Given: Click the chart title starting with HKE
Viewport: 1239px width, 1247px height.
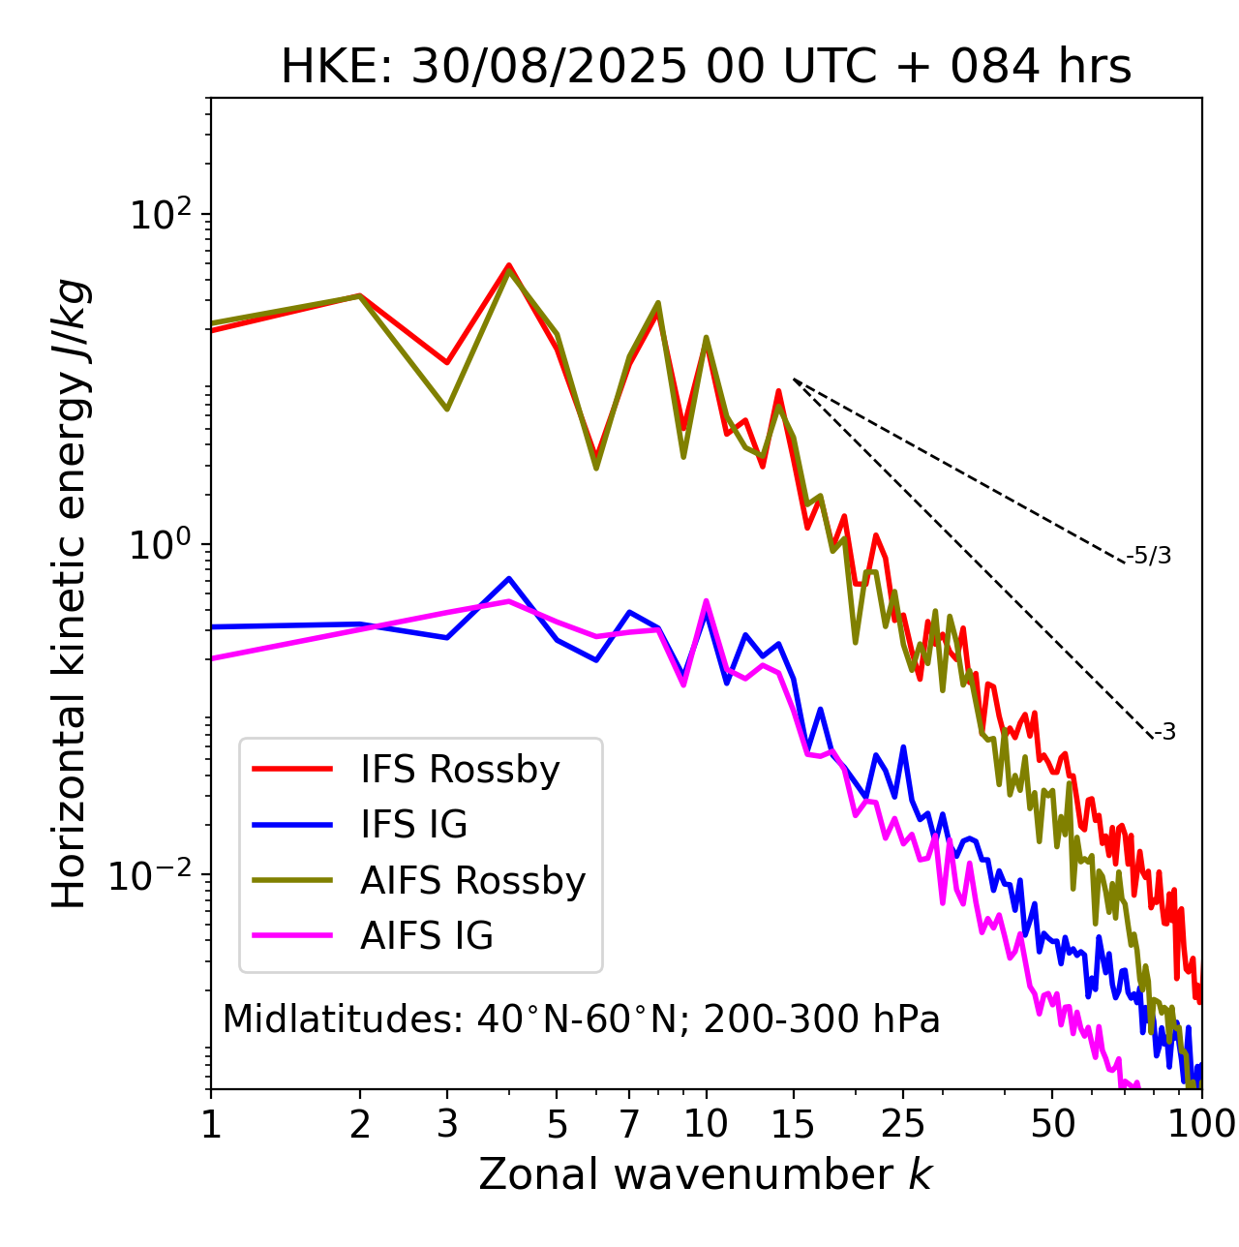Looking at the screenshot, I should click(x=706, y=68).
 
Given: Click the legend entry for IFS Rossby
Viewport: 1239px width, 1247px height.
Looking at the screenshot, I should click(x=460, y=770).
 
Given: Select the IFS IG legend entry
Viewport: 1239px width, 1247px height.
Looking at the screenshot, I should click(x=413, y=825).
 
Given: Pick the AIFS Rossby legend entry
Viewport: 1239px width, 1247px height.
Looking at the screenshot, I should click(x=472, y=881).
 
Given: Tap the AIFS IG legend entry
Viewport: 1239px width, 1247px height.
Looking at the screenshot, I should click(x=427, y=936).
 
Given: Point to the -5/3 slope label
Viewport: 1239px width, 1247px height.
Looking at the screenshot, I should click(x=1149, y=556).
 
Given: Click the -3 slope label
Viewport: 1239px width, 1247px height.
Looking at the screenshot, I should click(x=1164, y=733).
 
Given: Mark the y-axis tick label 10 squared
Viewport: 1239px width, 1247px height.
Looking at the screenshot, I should click(x=157, y=214).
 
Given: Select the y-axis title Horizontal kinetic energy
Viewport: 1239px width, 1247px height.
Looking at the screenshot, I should click(x=71, y=593).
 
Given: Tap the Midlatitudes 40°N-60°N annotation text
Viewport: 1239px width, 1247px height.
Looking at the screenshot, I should click(x=581, y=1019).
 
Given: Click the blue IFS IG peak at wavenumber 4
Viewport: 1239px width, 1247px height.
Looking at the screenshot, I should click(x=508, y=579).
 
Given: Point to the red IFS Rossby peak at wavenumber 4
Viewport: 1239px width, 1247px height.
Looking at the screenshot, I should click(x=508, y=264).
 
